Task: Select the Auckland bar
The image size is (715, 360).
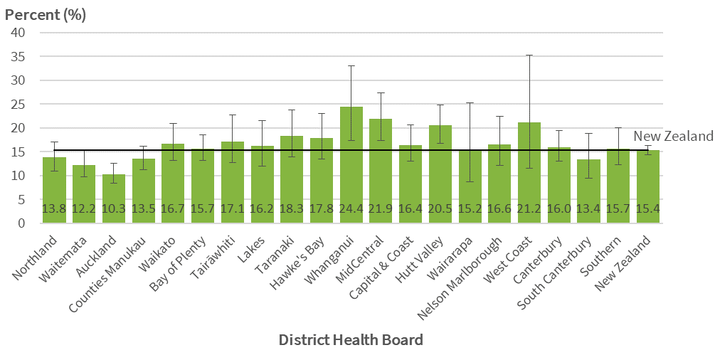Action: [x=113, y=199]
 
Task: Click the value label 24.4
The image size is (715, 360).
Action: [x=351, y=208]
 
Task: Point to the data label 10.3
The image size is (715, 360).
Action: [x=113, y=208]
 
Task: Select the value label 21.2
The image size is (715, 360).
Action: [x=529, y=208]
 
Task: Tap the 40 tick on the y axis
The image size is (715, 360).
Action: [x=18, y=32]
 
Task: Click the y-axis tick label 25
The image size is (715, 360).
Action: [x=18, y=104]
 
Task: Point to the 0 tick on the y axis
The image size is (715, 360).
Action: [x=21, y=223]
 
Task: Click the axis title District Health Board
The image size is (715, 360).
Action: [x=351, y=339]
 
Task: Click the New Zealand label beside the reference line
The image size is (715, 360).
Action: [x=673, y=136]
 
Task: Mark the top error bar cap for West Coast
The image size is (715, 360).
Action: [x=529, y=55]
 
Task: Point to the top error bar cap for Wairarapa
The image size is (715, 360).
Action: [x=470, y=102]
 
